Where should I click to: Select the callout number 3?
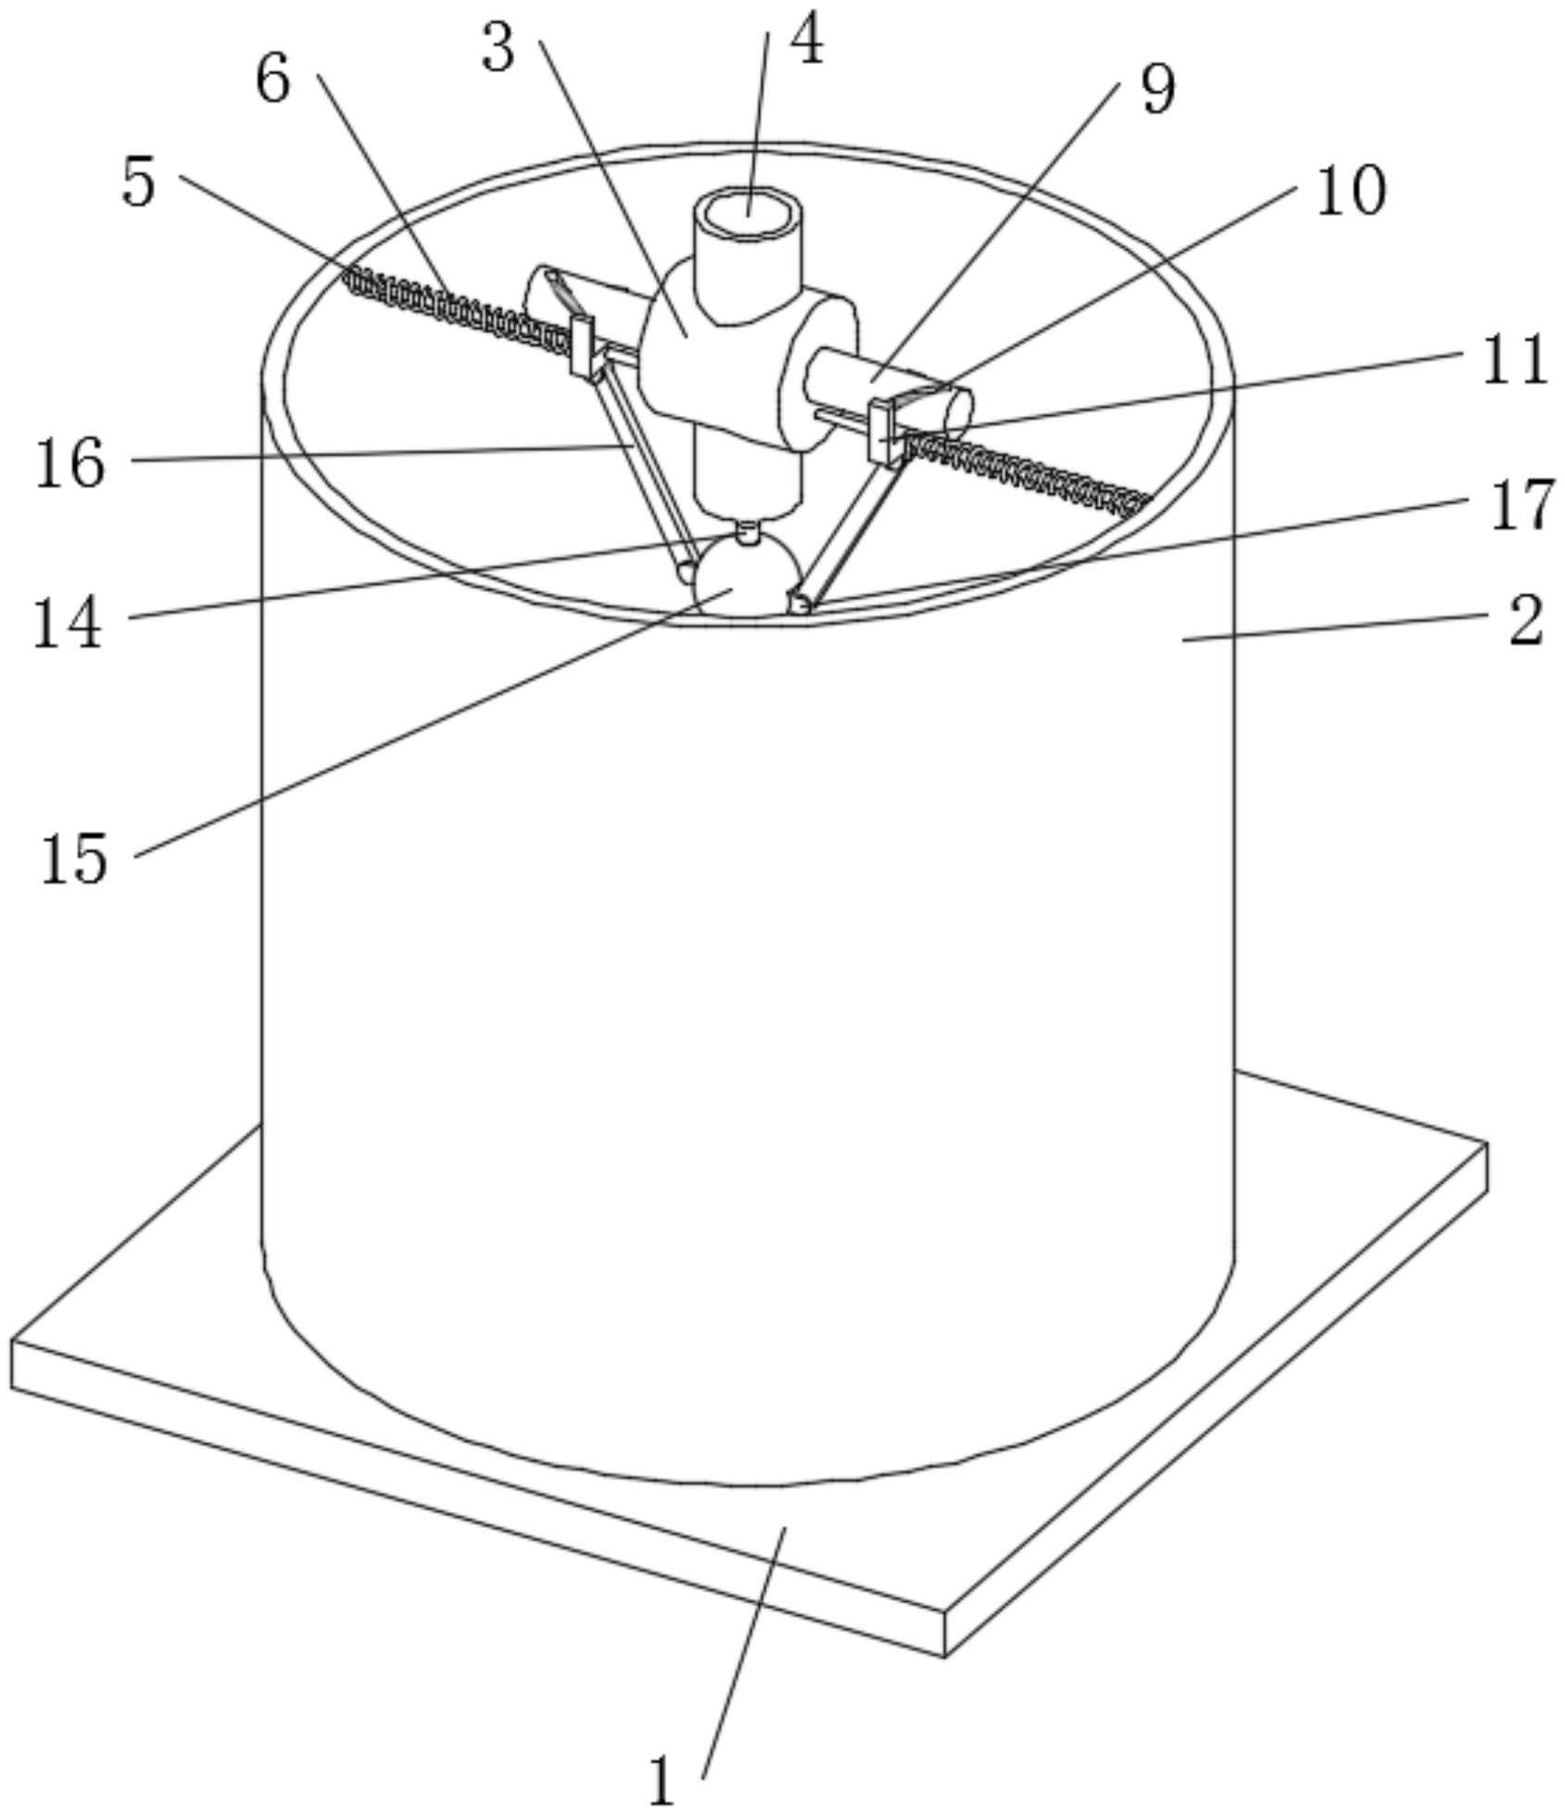(498, 49)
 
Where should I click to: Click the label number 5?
(139, 183)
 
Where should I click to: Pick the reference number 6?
(272, 80)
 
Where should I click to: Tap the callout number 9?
(1157, 90)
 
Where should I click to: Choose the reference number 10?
(1350, 191)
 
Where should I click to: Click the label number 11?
(1515, 359)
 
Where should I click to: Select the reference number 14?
(67, 623)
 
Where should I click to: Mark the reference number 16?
(69, 463)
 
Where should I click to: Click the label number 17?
(1521, 506)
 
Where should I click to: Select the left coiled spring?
(454, 304)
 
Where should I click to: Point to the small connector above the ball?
(746, 534)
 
